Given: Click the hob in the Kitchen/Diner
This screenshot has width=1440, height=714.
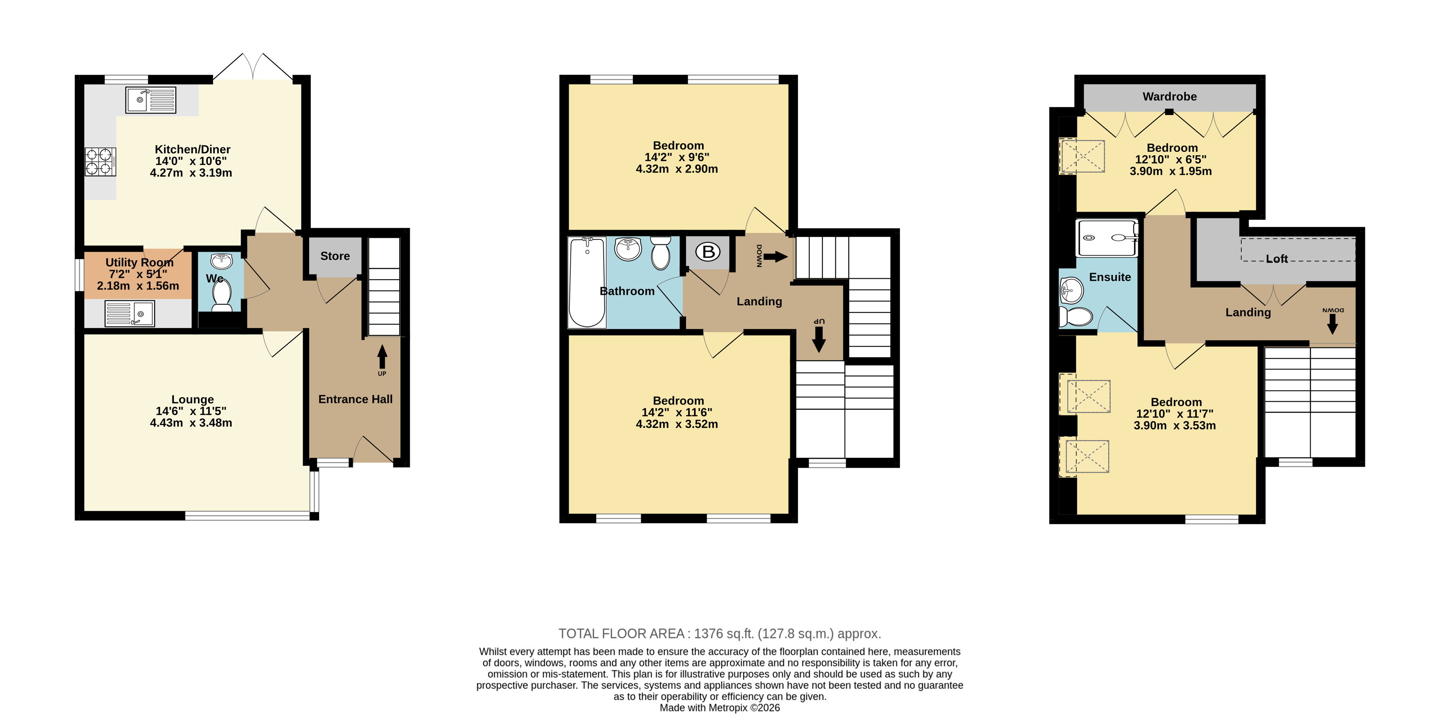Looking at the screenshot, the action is click(x=101, y=162).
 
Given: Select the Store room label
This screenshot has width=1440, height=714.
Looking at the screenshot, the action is click(x=335, y=256).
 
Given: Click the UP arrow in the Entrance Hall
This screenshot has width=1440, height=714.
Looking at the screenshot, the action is click(x=382, y=357).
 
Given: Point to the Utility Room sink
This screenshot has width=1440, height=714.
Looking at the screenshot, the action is click(x=130, y=314).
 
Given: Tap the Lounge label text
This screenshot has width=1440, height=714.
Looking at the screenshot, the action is click(x=192, y=399).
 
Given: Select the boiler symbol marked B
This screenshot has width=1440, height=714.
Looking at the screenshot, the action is click(x=708, y=252).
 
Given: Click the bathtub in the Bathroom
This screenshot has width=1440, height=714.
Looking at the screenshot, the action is click(x=587, y=282).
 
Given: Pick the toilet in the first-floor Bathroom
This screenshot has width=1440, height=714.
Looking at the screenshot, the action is click(x=661, y=253).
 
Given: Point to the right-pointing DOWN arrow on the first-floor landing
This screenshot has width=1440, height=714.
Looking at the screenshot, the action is click(x=775, y=257).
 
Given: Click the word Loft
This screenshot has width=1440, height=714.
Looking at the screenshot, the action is click(x=1277, y=259).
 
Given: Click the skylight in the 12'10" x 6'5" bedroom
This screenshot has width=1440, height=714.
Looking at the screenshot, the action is click(x=1082, y=156).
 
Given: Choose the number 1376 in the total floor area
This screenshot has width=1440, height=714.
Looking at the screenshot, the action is click(x=708, y=634).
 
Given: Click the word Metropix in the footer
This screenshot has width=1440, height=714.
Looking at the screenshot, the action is click(x=728, y=707).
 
